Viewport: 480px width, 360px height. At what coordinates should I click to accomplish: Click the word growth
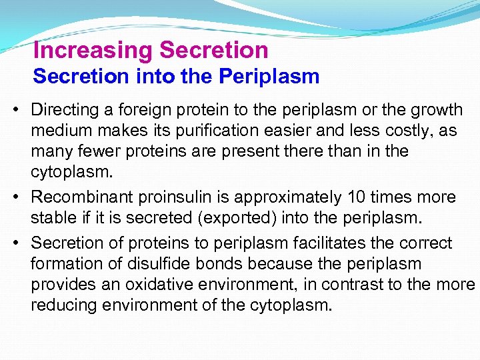(433, 109)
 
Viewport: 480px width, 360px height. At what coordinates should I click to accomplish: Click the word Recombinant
(83, 198)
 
